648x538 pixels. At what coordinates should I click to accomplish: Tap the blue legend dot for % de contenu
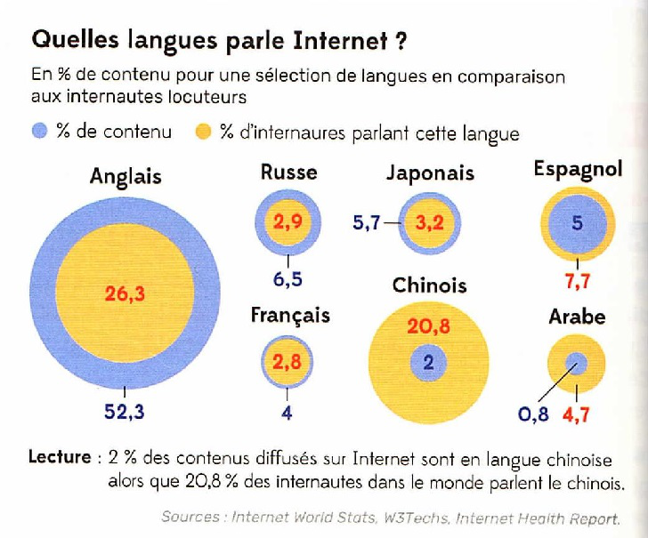click(x=38, y=132)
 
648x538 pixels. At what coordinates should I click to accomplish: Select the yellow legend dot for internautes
click(x=203, y=132)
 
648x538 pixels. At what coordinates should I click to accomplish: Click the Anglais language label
click(x=126, y=176)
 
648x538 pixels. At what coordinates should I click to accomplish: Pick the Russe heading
click(x=288, y=172)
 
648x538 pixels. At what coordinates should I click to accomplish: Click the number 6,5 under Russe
click(x=288, y=279)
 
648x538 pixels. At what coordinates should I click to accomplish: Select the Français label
click(x=290, y=315)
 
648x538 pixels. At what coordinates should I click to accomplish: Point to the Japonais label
click(x=430, y=173)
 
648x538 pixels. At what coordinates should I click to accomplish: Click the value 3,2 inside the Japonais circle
click(x=429, y=224)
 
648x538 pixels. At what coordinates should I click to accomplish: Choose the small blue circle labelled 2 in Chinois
click(x=428, y=362)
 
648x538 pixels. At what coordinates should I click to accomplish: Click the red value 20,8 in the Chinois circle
click(x=428, y=327)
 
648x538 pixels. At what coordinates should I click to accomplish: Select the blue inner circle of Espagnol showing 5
click(x=577, y=223)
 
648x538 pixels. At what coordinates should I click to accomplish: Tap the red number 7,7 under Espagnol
click(x=577, y=282)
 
